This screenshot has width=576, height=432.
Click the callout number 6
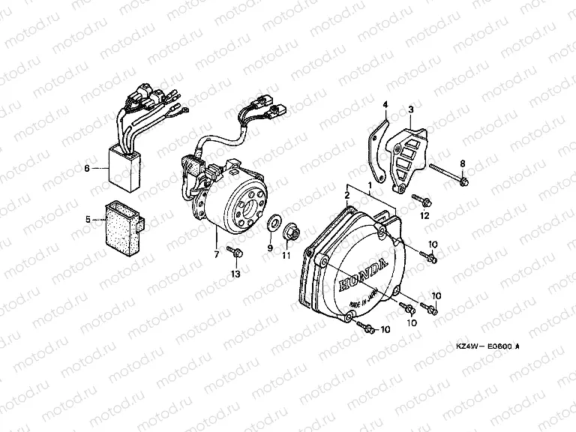(x=88, y=169)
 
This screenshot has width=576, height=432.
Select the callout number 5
(x=88, y=220)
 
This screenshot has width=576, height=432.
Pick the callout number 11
(x=286, y=256)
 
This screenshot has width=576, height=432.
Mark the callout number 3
(x=410, y=109)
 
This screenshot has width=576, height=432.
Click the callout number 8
(x=463, y=163)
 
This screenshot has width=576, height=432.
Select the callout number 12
(x=424, y=216)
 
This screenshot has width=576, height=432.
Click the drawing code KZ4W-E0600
(x=487, y=346)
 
